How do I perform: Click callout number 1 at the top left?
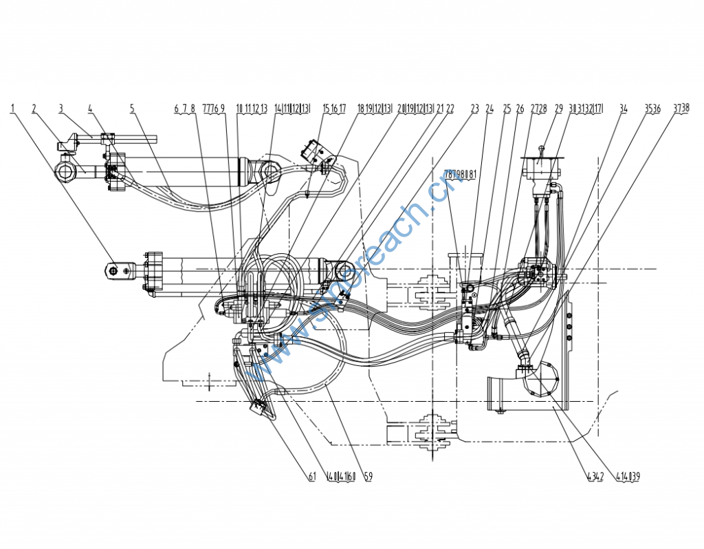(x=13, y=108)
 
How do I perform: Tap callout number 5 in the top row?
(x=132, y=108)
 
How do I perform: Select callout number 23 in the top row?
(x=475, y=108)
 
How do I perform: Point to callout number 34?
(x=624, y=108)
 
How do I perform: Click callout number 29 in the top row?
(x=559, y=108)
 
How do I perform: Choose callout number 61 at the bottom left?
(x=311, y=476)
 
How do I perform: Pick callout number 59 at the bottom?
(x=368, y=476)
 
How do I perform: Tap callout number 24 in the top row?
(x=489, y=108)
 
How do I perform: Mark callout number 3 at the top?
(x=60, y=108)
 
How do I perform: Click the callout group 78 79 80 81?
(x=460, y=175)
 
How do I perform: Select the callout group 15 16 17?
(x=335, y=108)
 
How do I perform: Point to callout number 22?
(x=450, y=108)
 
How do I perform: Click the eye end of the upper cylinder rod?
(x=65, y=170)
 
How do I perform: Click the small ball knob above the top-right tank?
(x=542, y=146)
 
